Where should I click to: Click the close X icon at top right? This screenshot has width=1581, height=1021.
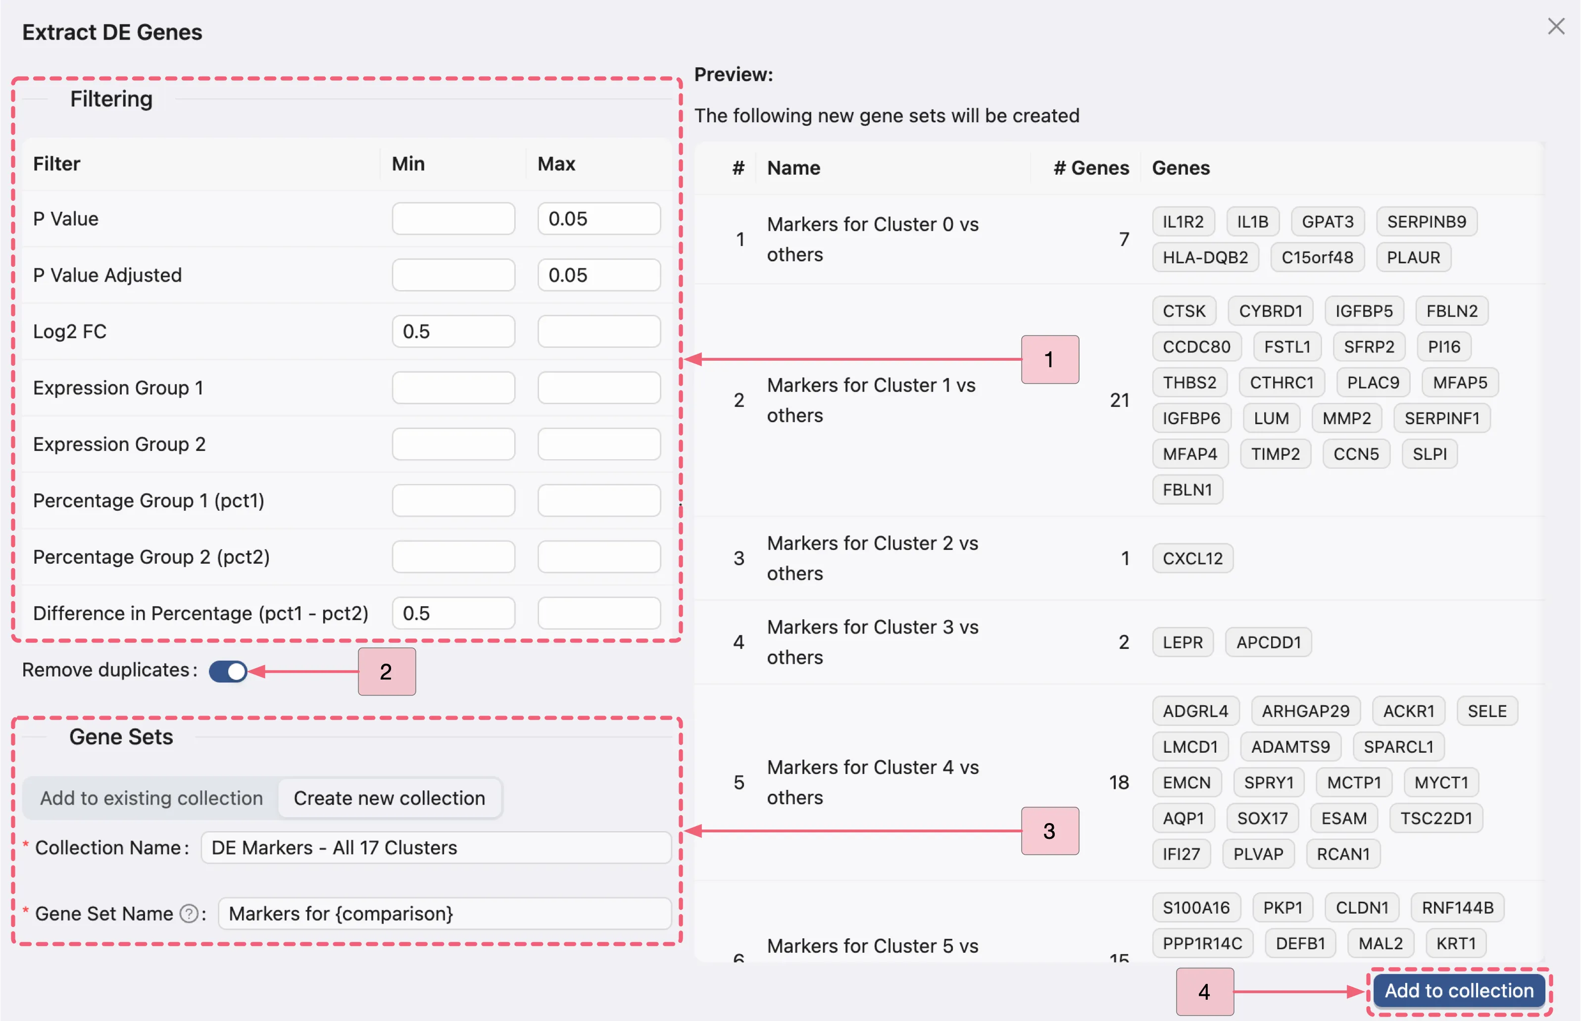[1555, 27]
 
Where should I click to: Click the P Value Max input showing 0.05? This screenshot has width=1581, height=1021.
[598, 219]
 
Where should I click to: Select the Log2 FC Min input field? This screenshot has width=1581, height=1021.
[453, 332]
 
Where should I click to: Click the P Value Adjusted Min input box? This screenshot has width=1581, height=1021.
[453, 275]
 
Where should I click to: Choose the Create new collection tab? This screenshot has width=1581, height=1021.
[389, 798]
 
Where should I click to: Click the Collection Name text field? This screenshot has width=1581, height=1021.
[436, 848]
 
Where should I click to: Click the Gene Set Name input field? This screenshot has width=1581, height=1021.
[444, 914]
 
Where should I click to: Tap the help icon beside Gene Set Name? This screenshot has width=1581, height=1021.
[189, 914]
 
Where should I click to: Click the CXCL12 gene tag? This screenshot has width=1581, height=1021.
[1192, 558]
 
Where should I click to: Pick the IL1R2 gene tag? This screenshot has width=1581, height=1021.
[1183, 221]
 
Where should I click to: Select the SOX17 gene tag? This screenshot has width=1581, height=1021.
[1262, 818]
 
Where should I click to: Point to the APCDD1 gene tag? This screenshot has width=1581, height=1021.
[1268, 642]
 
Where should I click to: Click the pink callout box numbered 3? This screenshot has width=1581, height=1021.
[1049, 831]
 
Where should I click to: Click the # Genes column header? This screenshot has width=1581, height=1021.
[1090, 168]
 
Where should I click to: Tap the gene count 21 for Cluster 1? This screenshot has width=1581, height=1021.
[1119, 400]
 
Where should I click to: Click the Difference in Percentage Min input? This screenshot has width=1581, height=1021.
[453, 613]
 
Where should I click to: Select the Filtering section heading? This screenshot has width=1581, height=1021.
[111, 99]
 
